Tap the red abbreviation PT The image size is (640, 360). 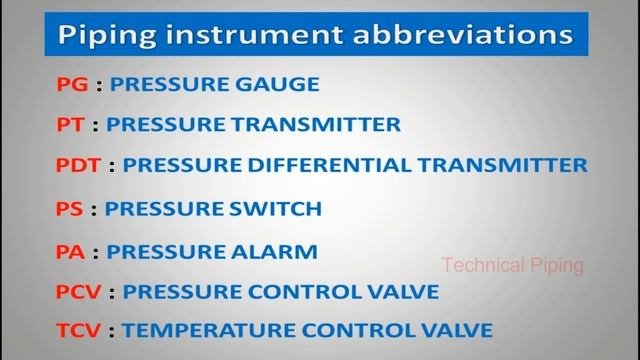click(71, 125)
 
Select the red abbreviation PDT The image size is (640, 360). click(80, 165)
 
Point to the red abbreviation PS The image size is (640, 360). click(70, 209)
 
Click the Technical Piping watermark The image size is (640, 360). click(513, 266)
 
